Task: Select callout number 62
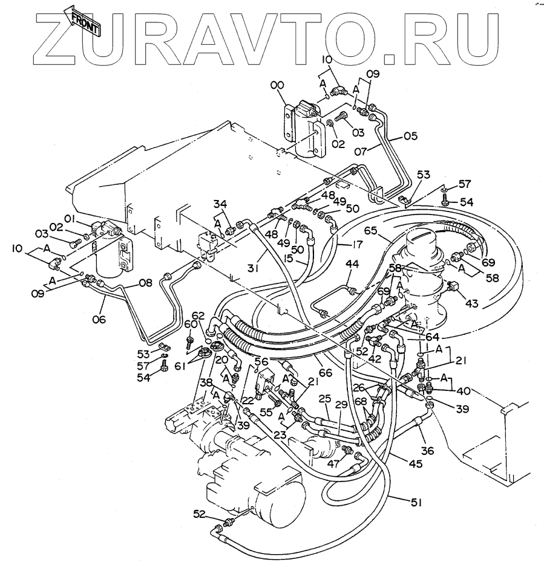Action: (x=200, y=315)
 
